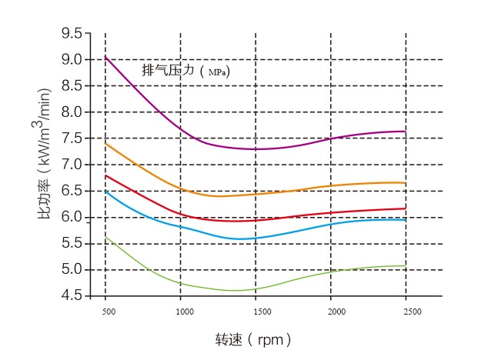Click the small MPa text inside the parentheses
pyautogui.click(x=218, y=72)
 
